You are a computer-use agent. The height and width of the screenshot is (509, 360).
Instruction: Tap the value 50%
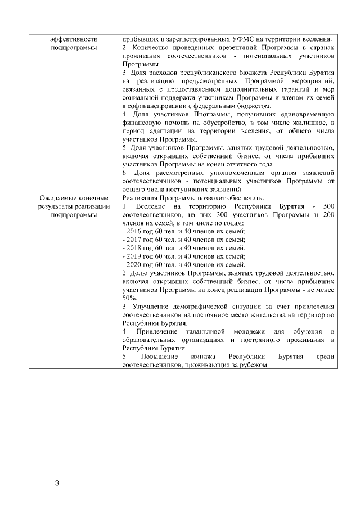click(x=130, y=298)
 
